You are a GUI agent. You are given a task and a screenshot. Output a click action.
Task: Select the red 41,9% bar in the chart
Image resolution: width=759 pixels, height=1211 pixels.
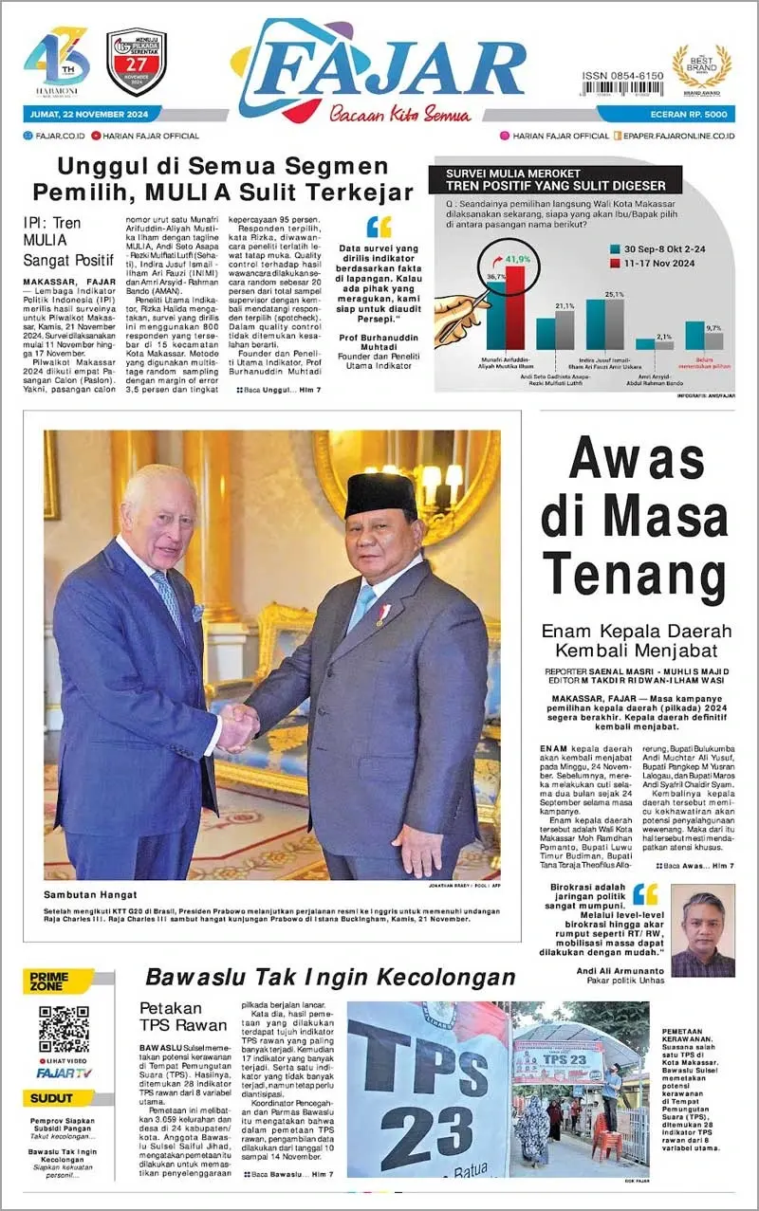point(514,307)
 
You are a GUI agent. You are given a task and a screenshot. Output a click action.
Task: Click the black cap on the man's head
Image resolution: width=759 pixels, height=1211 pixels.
point(380,492)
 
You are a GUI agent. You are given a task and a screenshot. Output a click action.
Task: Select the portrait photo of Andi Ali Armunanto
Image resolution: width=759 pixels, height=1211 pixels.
point(702,929)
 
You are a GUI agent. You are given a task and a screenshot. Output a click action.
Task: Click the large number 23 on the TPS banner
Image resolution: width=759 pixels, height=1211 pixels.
point(426,1133)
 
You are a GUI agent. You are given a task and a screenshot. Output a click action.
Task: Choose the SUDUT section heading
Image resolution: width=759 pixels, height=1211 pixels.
point(52,1098)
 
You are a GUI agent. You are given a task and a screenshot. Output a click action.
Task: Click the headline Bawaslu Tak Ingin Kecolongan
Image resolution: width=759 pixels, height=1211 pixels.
point(330,978)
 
